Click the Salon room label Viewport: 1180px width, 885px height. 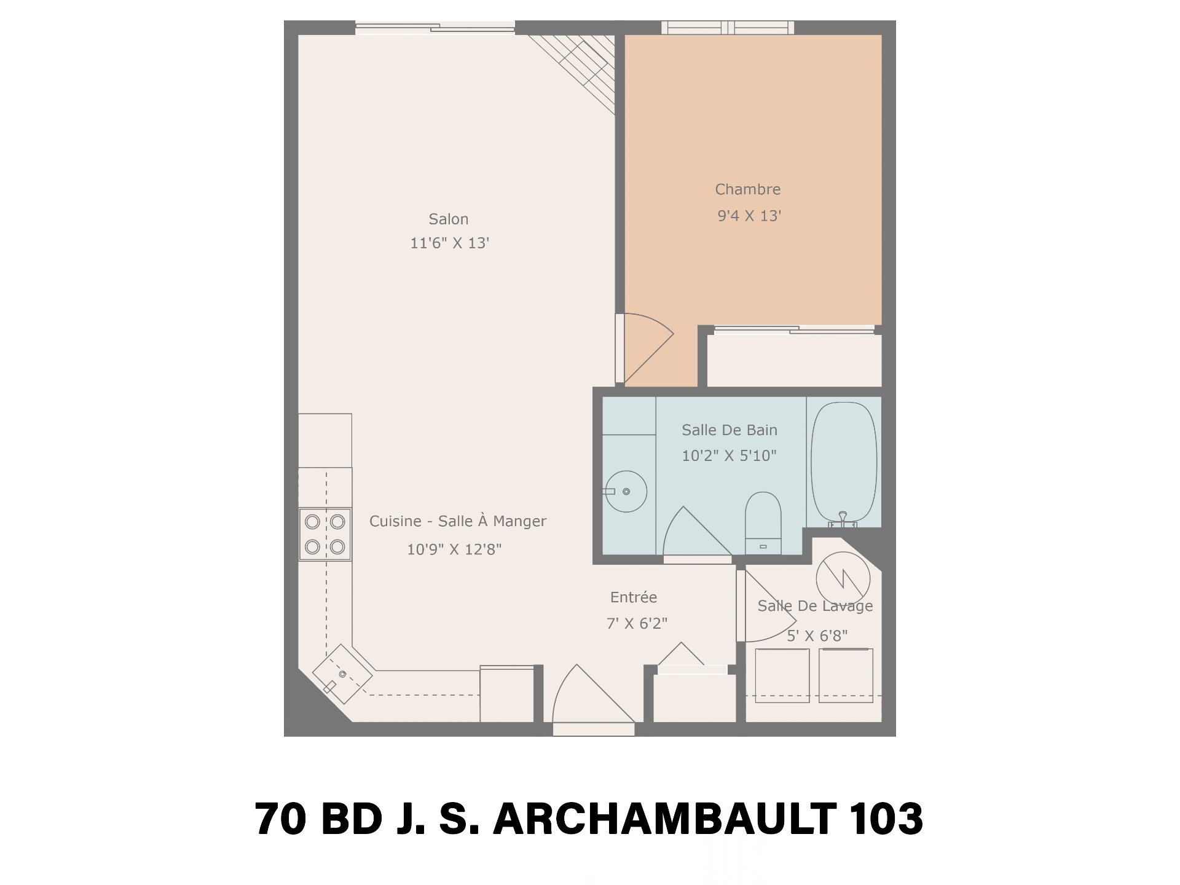[x=449, y=219]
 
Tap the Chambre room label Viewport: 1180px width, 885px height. [x=748, y=189]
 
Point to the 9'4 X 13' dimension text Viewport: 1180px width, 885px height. [x=749, y=216]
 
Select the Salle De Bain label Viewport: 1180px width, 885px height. [x=730, y=430]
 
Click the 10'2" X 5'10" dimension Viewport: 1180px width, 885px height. [x=730, y=456]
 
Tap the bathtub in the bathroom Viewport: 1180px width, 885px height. [x=844, y=464]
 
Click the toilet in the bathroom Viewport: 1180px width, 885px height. [x=763, y=522]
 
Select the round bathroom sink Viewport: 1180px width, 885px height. [x=626, y=491]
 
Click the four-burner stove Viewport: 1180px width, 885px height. [x=325, y=534]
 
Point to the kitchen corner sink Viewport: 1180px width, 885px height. [x=342, y=674]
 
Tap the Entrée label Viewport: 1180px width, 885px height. [x=634, y=597]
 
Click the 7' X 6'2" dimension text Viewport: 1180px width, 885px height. [x=637, y=624]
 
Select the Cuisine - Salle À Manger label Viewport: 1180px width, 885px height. [x=458, y=521]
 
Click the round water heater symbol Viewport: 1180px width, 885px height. [x=843, y=578]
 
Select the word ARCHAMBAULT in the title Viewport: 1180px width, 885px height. [x=664, y=819]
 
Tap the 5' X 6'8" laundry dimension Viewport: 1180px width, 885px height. [x=817, y=636]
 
